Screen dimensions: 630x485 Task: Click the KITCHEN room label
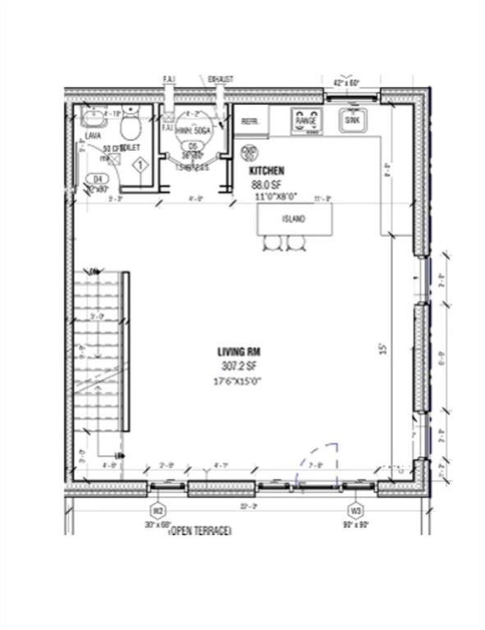267,171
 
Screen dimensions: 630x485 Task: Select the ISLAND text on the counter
294,219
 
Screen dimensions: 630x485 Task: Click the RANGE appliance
306,121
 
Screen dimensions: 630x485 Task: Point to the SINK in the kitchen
352,120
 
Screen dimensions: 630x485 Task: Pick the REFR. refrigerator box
249,121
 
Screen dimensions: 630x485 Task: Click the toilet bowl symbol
130,126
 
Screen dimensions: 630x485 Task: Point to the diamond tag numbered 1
140,165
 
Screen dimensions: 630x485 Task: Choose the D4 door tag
99,177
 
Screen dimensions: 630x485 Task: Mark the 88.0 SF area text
267,185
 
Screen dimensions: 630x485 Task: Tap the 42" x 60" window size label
347,83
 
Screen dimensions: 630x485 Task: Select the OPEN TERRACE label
199,532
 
